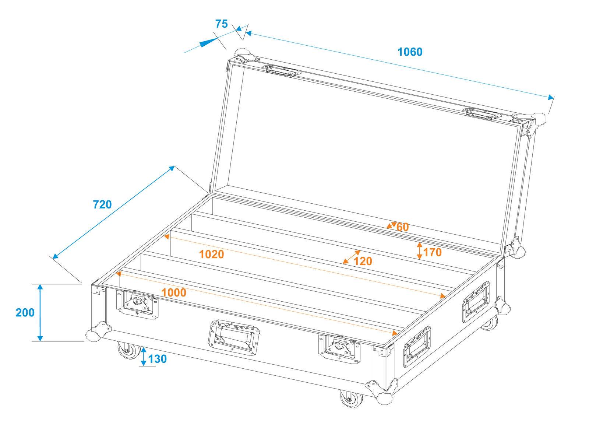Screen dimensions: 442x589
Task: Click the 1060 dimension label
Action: coord(410,52)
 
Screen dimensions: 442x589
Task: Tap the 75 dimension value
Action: coord(221,24)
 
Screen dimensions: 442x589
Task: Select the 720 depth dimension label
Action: coord(102,204)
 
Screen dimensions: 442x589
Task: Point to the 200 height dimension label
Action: coord(25,312)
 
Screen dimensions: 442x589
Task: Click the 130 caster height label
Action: coord(158,358)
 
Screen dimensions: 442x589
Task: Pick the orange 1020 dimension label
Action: coord(211,254)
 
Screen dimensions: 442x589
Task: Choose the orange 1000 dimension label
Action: coord(174,292)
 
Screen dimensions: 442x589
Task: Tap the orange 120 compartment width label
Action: coord(363,261)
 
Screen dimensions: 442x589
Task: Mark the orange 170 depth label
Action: coord(432,252)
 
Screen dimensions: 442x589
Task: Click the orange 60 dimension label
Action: coord(402,227)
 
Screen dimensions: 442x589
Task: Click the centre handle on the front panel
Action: coord(234,337)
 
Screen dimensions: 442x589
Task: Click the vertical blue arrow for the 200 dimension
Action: coord(40,312)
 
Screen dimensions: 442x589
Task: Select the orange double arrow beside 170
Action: coord(419,250)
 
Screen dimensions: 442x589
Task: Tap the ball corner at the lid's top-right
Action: coord(540,119)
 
